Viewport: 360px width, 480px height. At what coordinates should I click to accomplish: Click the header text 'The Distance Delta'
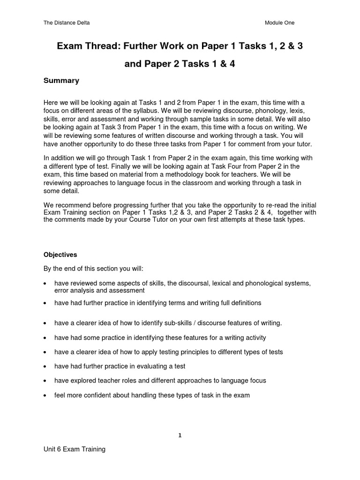pos(67,22)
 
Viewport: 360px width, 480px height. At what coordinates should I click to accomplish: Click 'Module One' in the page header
pos(279,22)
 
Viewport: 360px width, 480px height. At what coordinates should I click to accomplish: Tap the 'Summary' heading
pos(61,81)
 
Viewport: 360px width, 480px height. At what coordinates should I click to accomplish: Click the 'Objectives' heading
pos(60,255)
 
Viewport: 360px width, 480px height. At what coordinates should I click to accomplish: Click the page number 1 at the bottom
pos(180,435)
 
